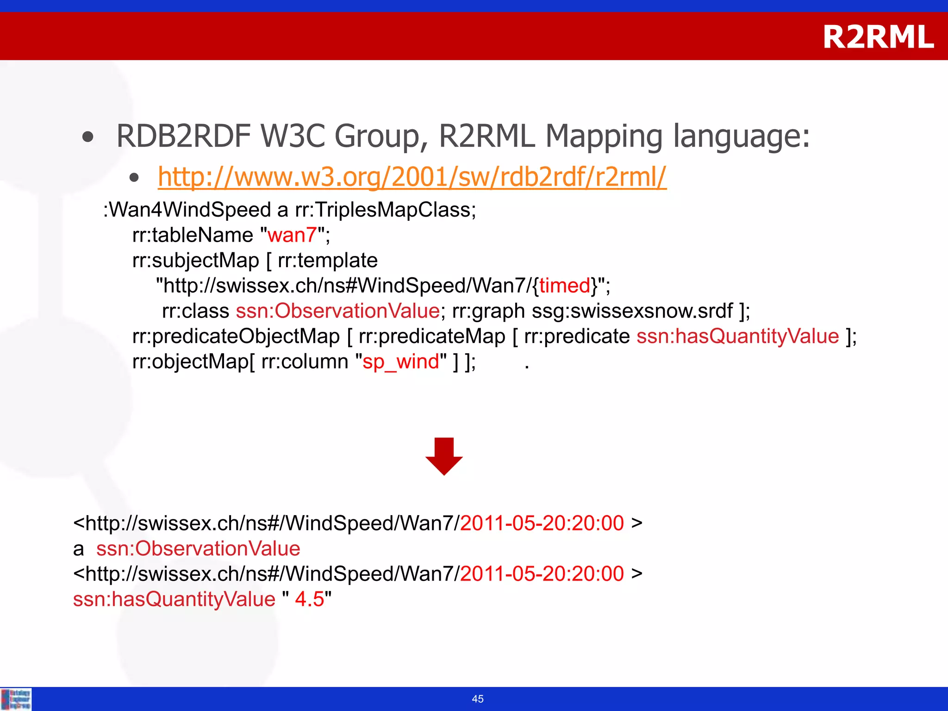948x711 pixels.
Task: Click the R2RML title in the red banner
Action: (878, 37)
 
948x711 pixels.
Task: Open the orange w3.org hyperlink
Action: (412, 177)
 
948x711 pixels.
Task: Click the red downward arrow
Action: (444, 456)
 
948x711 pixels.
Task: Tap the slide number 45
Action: (478, 699)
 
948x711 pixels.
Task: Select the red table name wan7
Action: (292, 235)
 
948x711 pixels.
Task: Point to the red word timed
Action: (565, 286)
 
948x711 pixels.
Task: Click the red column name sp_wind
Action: (400, 362)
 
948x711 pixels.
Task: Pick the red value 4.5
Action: (309, 599)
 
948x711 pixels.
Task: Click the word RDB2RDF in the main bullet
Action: (183, 136)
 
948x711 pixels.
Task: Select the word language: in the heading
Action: (741, 136)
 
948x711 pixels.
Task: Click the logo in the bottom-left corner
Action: (16, 699)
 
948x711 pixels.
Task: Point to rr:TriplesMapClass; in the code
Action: (386, 210)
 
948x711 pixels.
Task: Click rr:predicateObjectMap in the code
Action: (236, 337)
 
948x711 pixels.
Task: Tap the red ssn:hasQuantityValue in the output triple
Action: (174, 599)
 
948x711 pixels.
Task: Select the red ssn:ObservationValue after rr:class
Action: (337, 311)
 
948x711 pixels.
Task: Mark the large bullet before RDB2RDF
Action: (87, 137)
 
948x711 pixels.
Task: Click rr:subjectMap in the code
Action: (195, 261)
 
